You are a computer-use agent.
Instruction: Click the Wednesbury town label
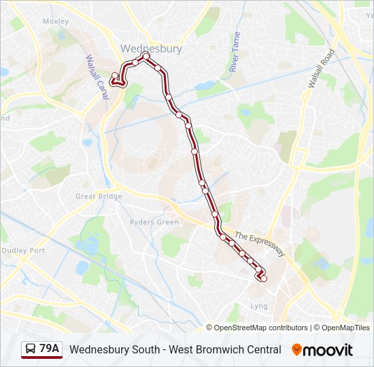151,49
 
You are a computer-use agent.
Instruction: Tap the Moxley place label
56,22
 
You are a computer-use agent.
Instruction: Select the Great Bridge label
99,196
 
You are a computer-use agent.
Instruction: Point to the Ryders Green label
154,222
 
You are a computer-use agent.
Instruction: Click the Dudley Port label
23,250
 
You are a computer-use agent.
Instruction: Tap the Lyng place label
259,307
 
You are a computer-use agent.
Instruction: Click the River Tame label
235,52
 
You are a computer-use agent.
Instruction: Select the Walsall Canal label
97,77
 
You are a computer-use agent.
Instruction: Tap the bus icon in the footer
31,349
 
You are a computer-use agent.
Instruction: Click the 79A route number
50,349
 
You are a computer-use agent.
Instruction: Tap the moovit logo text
329,350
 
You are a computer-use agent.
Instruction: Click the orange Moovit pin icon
296,350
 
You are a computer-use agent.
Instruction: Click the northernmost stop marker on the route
146,56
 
